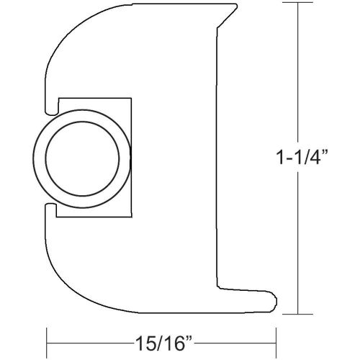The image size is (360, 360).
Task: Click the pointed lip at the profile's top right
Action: [234, 8]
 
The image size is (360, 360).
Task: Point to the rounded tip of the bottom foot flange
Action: [276, 297]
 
